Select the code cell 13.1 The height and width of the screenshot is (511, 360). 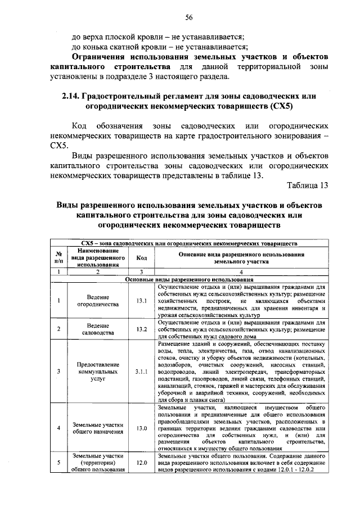point(141,300)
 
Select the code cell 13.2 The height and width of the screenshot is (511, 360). point(141,329)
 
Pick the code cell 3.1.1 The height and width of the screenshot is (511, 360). point(141,371)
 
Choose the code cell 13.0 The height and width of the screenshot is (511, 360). point(141,428)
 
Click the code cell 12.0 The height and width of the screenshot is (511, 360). point(141,463)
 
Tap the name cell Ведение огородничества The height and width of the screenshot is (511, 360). point(98,300)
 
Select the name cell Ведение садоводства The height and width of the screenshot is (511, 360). point(98,329)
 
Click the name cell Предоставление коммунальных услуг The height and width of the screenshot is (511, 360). point(98,371)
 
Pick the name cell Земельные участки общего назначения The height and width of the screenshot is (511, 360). point(98,428)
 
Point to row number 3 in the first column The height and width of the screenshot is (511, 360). point(58,371)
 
